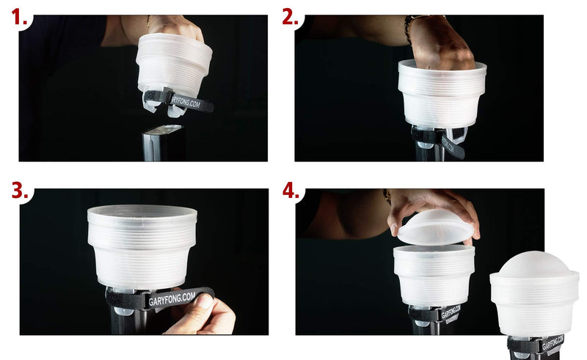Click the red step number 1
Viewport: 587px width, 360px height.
(x=17, y=18)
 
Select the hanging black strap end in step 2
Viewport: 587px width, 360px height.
(x=453, y=147)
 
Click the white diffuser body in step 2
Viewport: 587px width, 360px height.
(x=441, y=95)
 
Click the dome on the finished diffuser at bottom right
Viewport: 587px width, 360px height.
(x=534, y=264)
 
